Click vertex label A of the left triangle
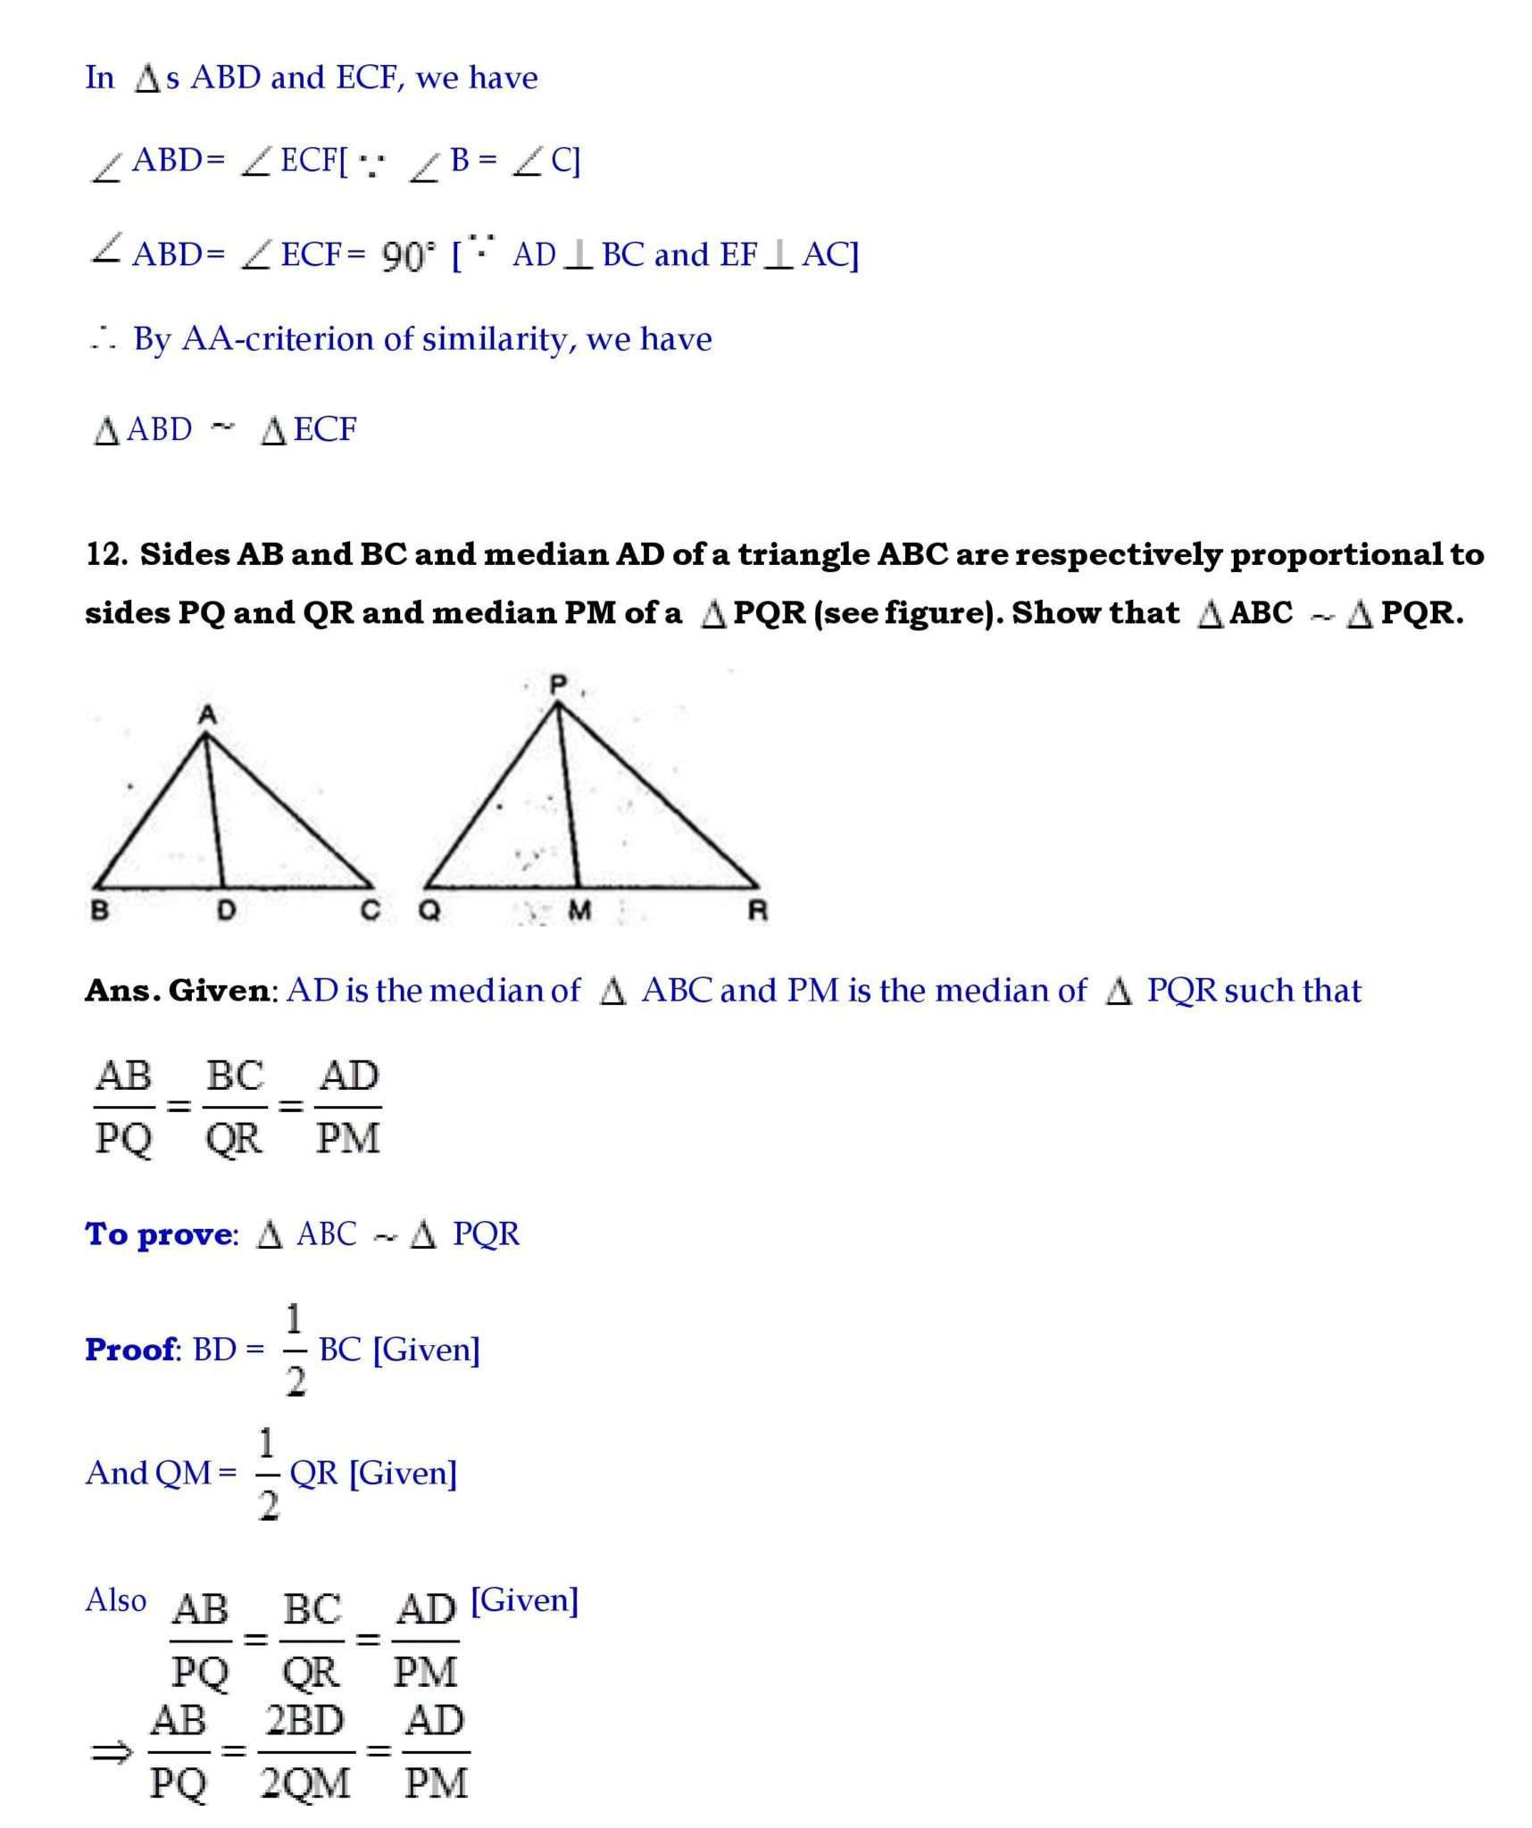207,714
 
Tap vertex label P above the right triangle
558,685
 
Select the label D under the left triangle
226,910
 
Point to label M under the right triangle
579,910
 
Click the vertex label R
757,910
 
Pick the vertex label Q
429,910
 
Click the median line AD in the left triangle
214,812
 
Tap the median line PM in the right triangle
569,794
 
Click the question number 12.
106,554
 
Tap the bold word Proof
130,1349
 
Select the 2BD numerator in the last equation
304,1721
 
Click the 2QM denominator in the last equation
304,1783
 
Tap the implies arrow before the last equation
112,1753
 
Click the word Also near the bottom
115,1599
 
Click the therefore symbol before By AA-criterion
103,339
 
